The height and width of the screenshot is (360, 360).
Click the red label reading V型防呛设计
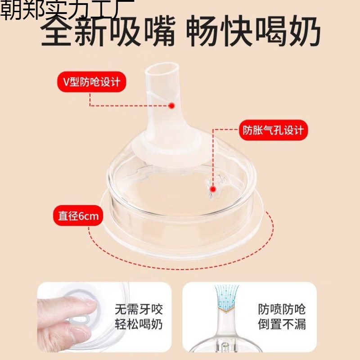[92, 82]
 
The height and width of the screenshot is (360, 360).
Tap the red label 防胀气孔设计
[273, 130]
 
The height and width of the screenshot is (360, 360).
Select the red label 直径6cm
[78, 216]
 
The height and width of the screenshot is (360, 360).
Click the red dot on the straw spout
[171, 106]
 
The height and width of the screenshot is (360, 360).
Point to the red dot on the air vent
[213, 189]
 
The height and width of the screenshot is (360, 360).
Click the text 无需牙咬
[139, 309]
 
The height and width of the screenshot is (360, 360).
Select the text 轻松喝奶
[139, 324]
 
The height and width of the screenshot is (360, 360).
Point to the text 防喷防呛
[282, 309]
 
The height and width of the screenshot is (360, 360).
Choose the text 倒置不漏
[282, 324]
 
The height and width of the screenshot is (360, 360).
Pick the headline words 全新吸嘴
[108, 31]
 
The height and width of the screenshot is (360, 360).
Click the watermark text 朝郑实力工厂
[67, 9]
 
